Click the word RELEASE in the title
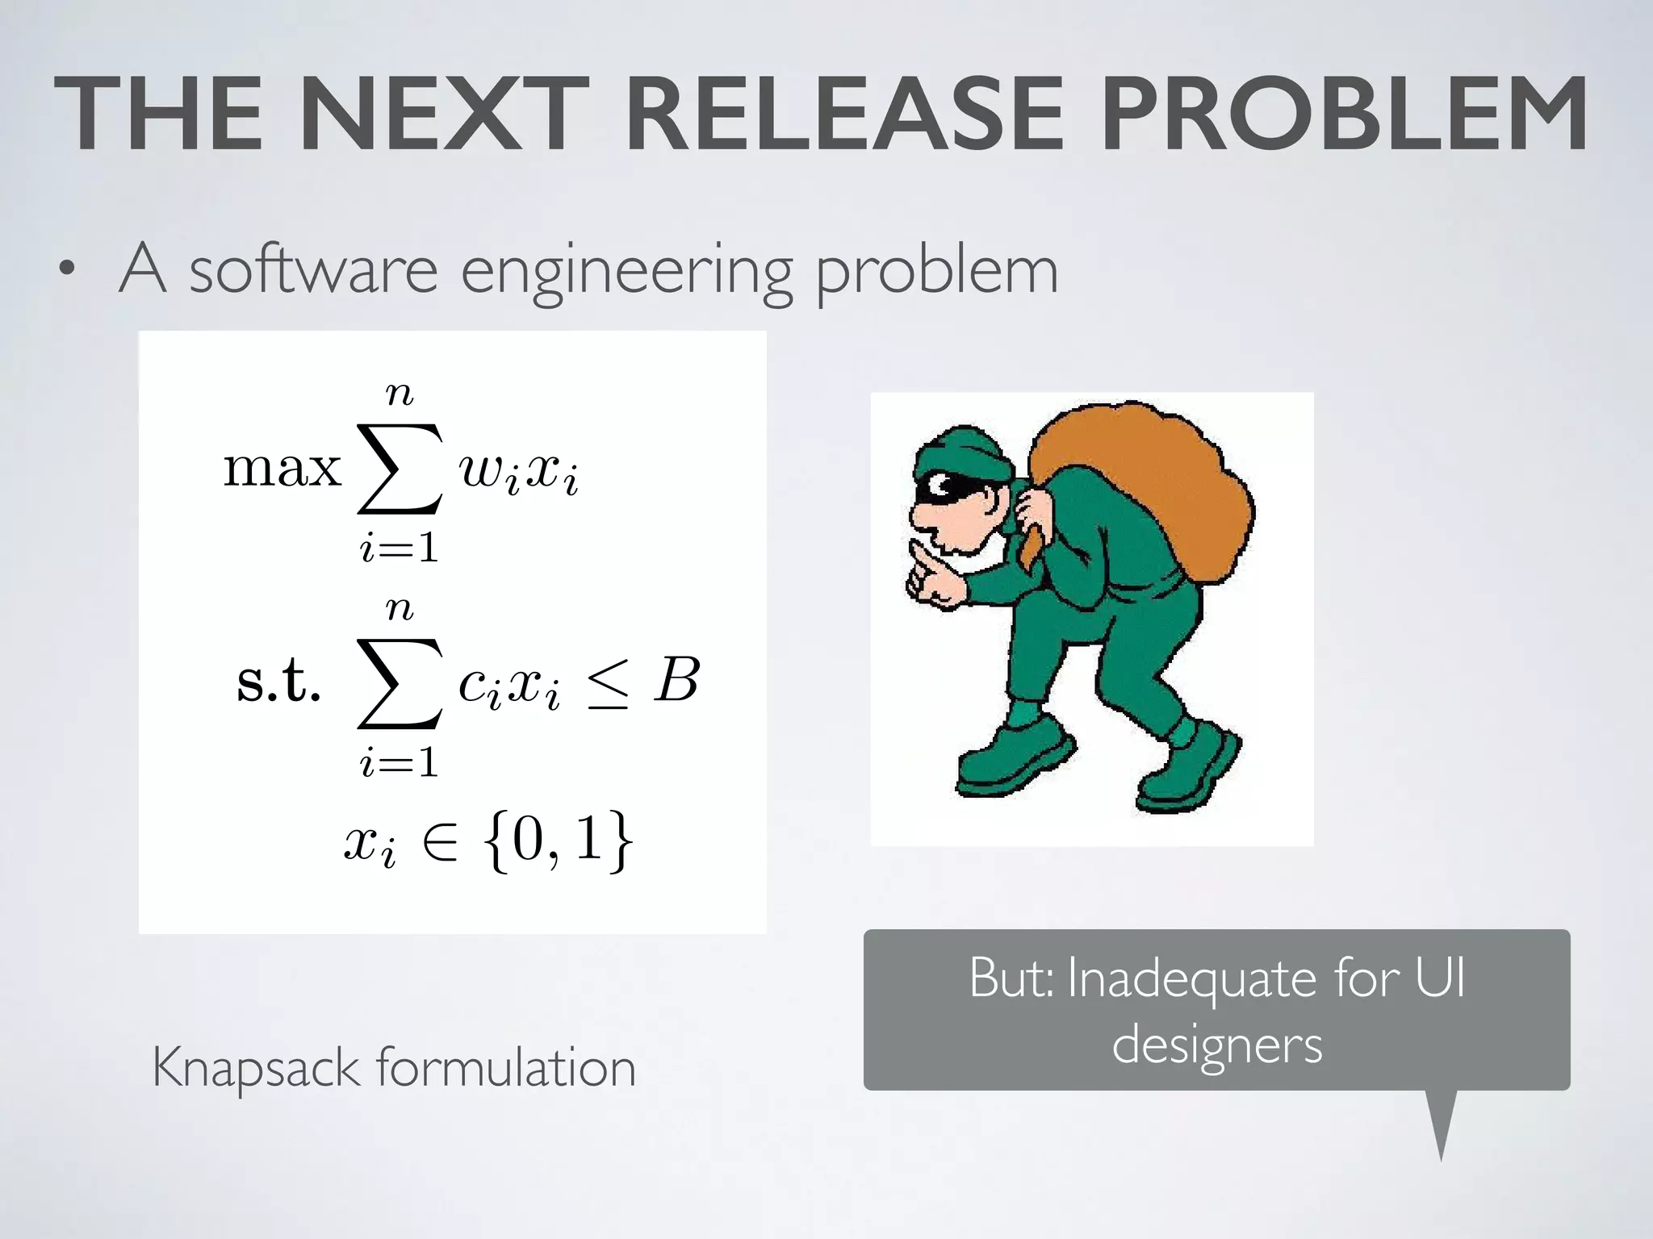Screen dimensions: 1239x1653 (844, 115)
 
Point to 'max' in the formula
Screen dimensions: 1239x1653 (282, 468)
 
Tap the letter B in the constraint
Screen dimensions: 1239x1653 (676, 680)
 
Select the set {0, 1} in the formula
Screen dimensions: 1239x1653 (559, 841)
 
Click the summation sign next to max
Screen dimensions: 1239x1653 (400, 469)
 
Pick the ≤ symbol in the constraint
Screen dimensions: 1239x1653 (607, 683)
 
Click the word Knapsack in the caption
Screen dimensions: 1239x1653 (255, 1069)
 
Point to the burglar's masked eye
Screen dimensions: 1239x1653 (941, 486)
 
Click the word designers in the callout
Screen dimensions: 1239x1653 (1216, 1045)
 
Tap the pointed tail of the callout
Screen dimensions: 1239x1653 (1441, 1129)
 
